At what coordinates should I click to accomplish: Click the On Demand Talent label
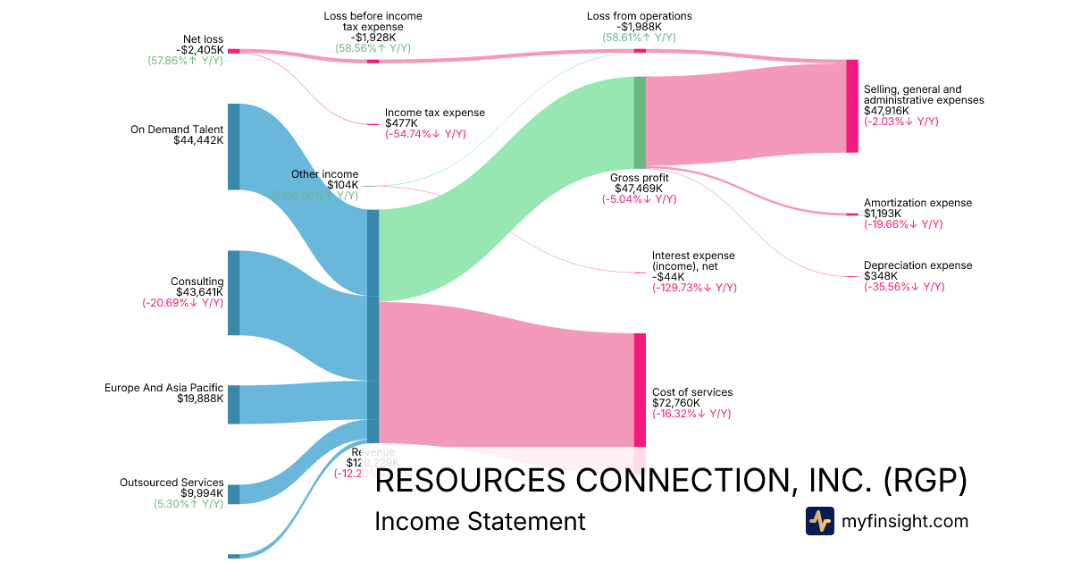(x=177, y=130)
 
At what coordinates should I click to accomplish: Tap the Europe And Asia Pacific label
(x=163, y=388)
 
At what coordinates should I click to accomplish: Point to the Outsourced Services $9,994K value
(x=202, y=493)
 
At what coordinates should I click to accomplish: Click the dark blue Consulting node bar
(x=233, y=293)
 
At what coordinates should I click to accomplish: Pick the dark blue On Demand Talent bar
(x=233, y=147)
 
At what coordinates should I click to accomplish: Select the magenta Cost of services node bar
(x=640, y=390)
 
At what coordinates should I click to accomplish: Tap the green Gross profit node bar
(x=640, y=122)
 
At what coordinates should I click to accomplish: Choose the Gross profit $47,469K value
(x=639, y=189)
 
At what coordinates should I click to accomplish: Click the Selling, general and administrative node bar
(x=852, y=106)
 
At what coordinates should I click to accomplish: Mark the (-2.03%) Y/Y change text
(x=900, y=122)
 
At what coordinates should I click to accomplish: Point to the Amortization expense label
(x=917, y=203)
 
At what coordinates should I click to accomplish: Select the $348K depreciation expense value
(x=881, y=276)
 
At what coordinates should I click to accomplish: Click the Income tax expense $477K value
(x=400, y=123)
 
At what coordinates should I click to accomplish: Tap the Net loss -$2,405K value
(x=199, y=50)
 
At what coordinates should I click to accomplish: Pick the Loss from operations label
(x=639, y=16)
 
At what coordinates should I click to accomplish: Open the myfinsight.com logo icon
(x=819, y=521)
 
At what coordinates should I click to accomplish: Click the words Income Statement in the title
(x=480, y=521)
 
